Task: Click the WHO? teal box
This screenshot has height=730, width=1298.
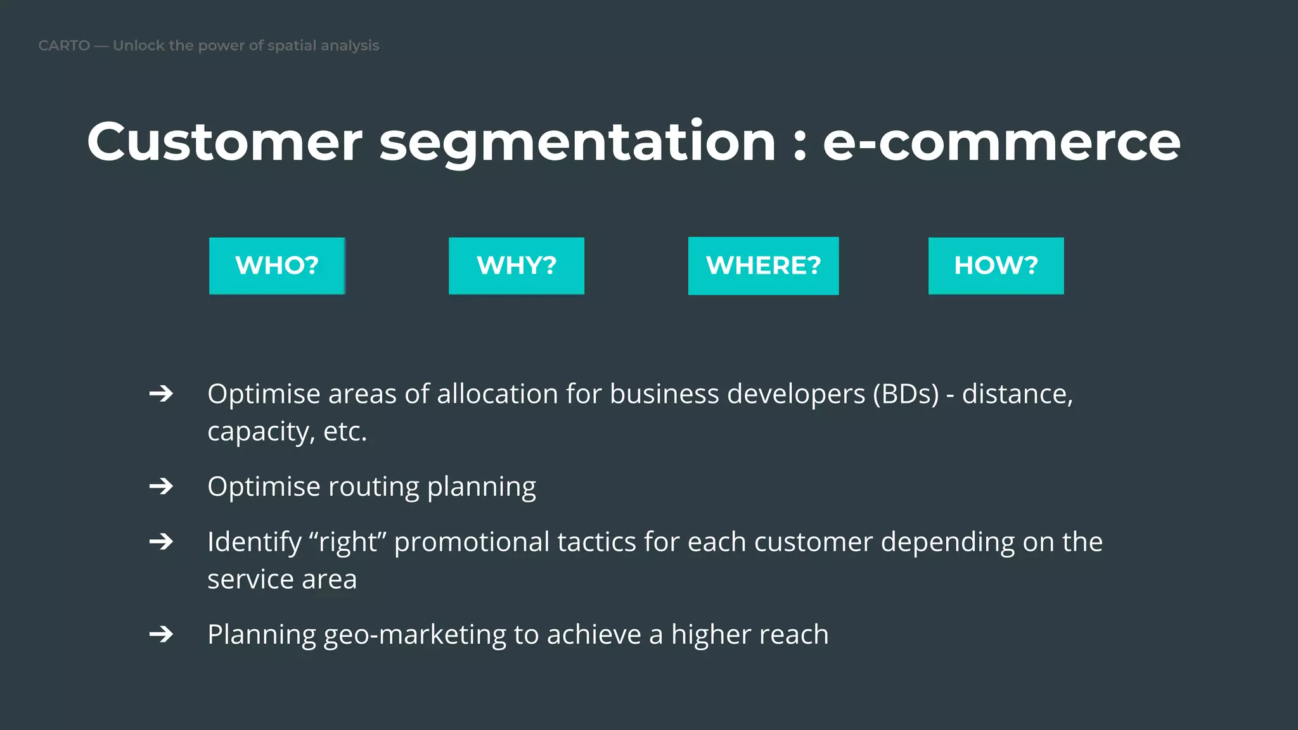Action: [x=277, y=266]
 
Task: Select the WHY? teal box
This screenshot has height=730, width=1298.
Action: [x=517, y=266]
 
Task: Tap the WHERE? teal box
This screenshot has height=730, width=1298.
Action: [x=763, y=266]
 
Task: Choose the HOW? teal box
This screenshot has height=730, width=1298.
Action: [x=996, y=266]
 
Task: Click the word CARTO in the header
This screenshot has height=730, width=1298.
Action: [x=64, y=46]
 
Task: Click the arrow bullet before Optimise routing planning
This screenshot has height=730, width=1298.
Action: [x=161, y=486]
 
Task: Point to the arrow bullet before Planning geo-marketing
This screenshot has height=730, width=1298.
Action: [x=161, y=634]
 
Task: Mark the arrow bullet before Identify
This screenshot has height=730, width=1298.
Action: [x=161, y=541]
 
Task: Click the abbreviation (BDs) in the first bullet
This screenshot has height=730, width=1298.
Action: [x=906, y=394]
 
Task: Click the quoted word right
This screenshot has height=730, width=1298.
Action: [x=347, y=542]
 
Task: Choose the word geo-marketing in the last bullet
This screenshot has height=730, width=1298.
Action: [x=414, y=635]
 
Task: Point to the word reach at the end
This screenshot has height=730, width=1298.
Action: [x=794, y=634]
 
